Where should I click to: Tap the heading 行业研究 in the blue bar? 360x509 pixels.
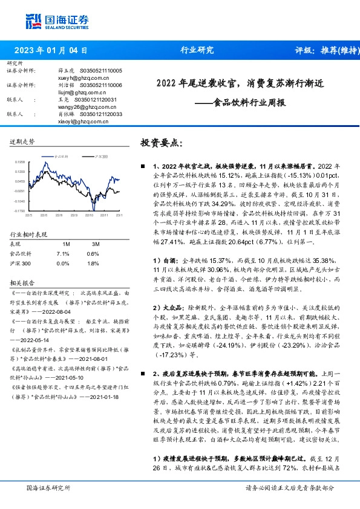[197, 50]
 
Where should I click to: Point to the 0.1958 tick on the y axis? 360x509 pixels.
[19, 163]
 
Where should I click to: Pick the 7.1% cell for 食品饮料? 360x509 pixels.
[62, 253]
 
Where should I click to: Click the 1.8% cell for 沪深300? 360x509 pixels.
[93, 264]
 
